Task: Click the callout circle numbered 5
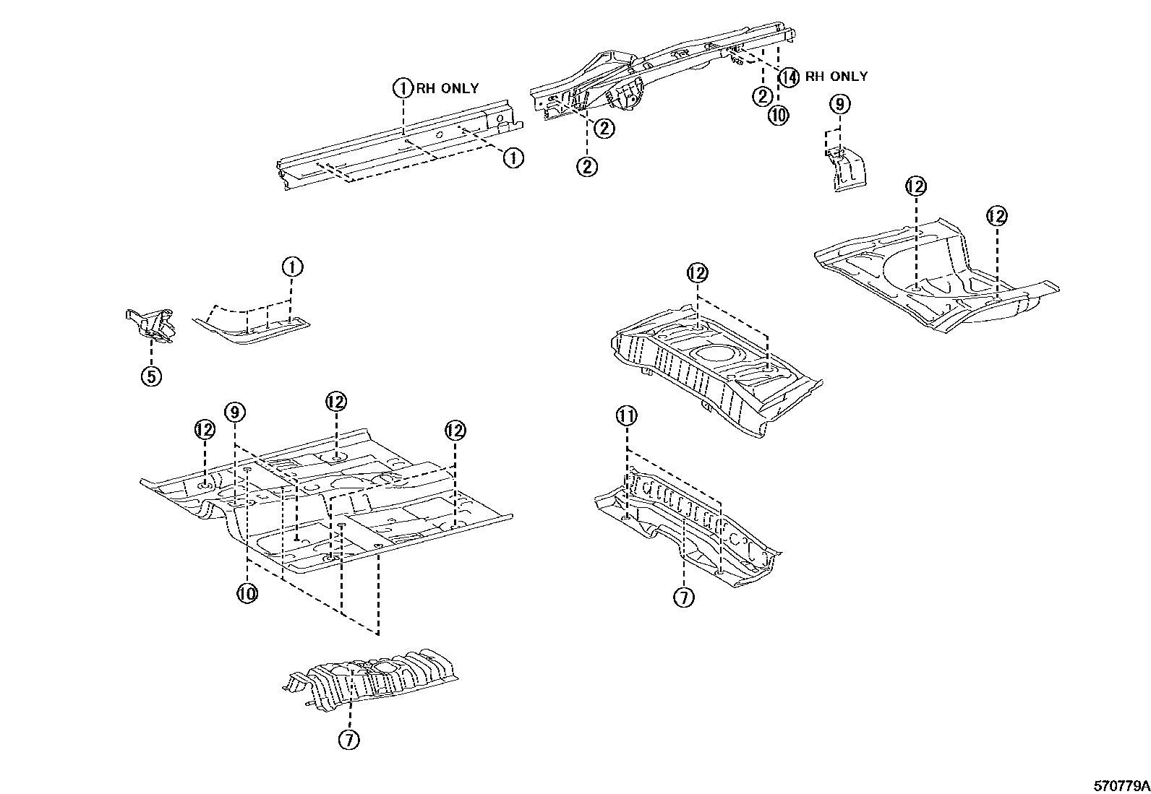(151, 376)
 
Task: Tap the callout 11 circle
(626, 416)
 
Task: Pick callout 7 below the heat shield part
(348, 739)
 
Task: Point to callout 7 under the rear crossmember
(683, 597)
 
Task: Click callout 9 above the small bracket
(839, 105)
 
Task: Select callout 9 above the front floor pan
(235, 412)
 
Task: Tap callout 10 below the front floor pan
(247, 594)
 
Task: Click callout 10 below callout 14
(778, 116)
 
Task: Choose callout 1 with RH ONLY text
(402, 88)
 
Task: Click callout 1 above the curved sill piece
(292, 267)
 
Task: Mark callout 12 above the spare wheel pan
(697, 273)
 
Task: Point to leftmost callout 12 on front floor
(205, 431)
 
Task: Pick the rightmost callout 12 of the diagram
(996, 216)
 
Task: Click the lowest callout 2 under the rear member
(586, 167)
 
